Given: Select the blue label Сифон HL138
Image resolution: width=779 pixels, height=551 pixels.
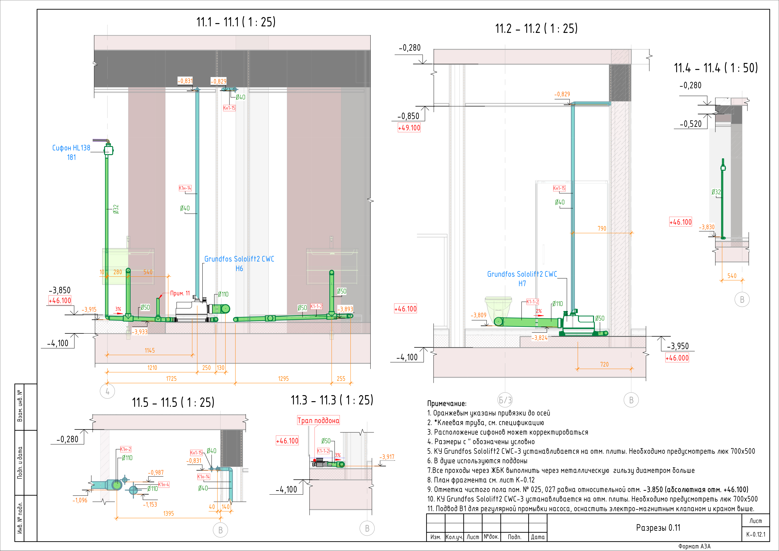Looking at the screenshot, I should point(71,148).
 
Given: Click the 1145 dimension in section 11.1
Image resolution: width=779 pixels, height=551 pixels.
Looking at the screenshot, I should point(150,350).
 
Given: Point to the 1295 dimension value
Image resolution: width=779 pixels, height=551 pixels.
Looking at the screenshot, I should point(283,379).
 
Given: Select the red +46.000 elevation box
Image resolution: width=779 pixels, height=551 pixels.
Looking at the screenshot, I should point(677,358).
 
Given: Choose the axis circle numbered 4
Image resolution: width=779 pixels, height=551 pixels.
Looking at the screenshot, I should point(108,392).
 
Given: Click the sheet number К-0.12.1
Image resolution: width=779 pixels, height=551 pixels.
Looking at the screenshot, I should point(756,535).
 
